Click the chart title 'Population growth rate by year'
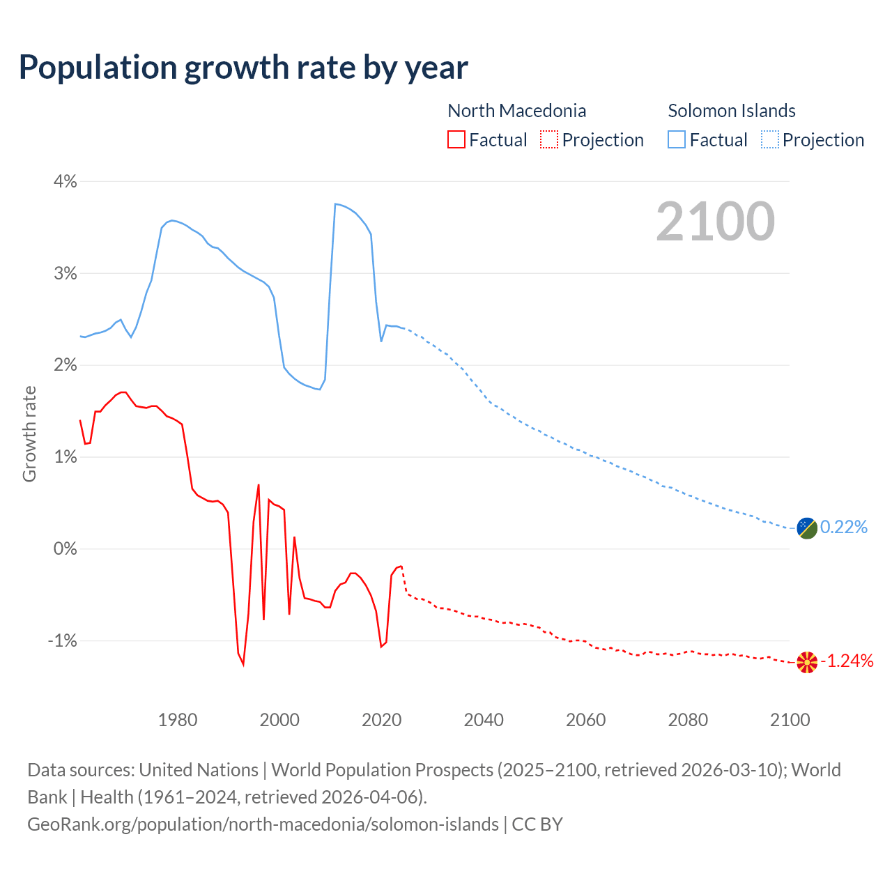pyautogui.click(x=243, y=68)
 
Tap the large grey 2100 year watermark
pyautogui.click(x=715, y=221)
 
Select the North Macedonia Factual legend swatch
pyautogui.click(x=456, y=139)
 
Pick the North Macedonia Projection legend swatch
pyautogui.click(x=549, y=139)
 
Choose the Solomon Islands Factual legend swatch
pyautogui.click(x=677, y=139)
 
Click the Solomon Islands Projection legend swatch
pyautogui.click(x=769, y=139)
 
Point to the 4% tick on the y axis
pyautogui.click(x=65, y=182)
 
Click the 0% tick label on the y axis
pyautogui.click(x=65, y=549)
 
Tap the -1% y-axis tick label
pyautogui.click(x=62, y=641)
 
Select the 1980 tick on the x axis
pyautogui.click(x=178, y=720)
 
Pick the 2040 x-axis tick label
pyautogui.click(x=484, y=720)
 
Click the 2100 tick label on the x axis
pyautogui.click(x=790, y=720)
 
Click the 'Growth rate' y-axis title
pyautogui.click(x=29, y=433)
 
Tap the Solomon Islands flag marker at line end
pyautogui.click(x=807, y=528)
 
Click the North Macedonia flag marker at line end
pyautogui.click(x=807, y=662)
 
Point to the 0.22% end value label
pyautogui.click(x=844, y=528)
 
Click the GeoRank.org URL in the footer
pyautogui.click(x=263, y=824)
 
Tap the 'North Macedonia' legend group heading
pyautogui.click(x=516, y=111)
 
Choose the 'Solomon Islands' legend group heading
pyautogui.click(x=732, y=111)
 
